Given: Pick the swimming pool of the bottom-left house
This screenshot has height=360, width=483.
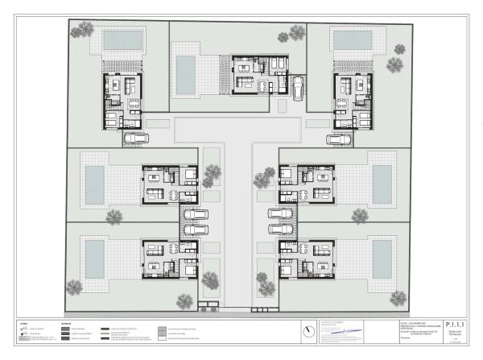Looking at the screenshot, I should click(95, 257).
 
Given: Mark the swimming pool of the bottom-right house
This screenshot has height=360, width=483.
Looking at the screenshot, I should click(381, 256).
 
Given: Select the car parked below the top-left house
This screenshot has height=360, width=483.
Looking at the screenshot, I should click(135, 139).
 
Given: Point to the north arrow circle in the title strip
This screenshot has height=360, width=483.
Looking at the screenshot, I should click(308, 331).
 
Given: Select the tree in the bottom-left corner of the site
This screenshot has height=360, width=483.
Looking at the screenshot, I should click(74, 286).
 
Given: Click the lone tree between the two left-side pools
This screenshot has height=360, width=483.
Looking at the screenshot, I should click(114, 217).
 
